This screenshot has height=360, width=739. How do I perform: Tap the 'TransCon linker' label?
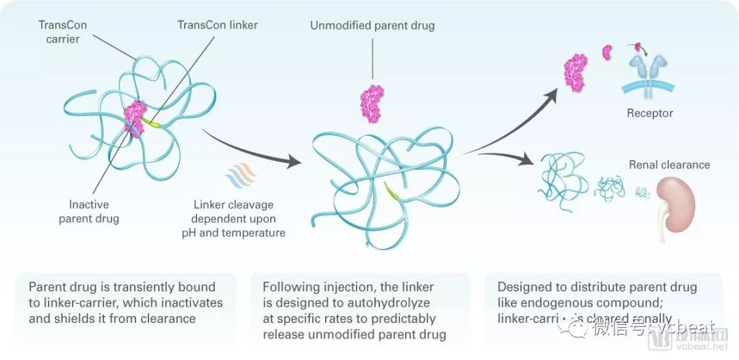[218, 25]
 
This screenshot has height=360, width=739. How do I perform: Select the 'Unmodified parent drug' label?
[372, 26]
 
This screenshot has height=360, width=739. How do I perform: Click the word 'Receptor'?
[649, 113]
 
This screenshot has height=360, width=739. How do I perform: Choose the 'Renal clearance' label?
[669, 164]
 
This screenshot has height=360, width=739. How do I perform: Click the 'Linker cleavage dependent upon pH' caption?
[233, 219]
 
